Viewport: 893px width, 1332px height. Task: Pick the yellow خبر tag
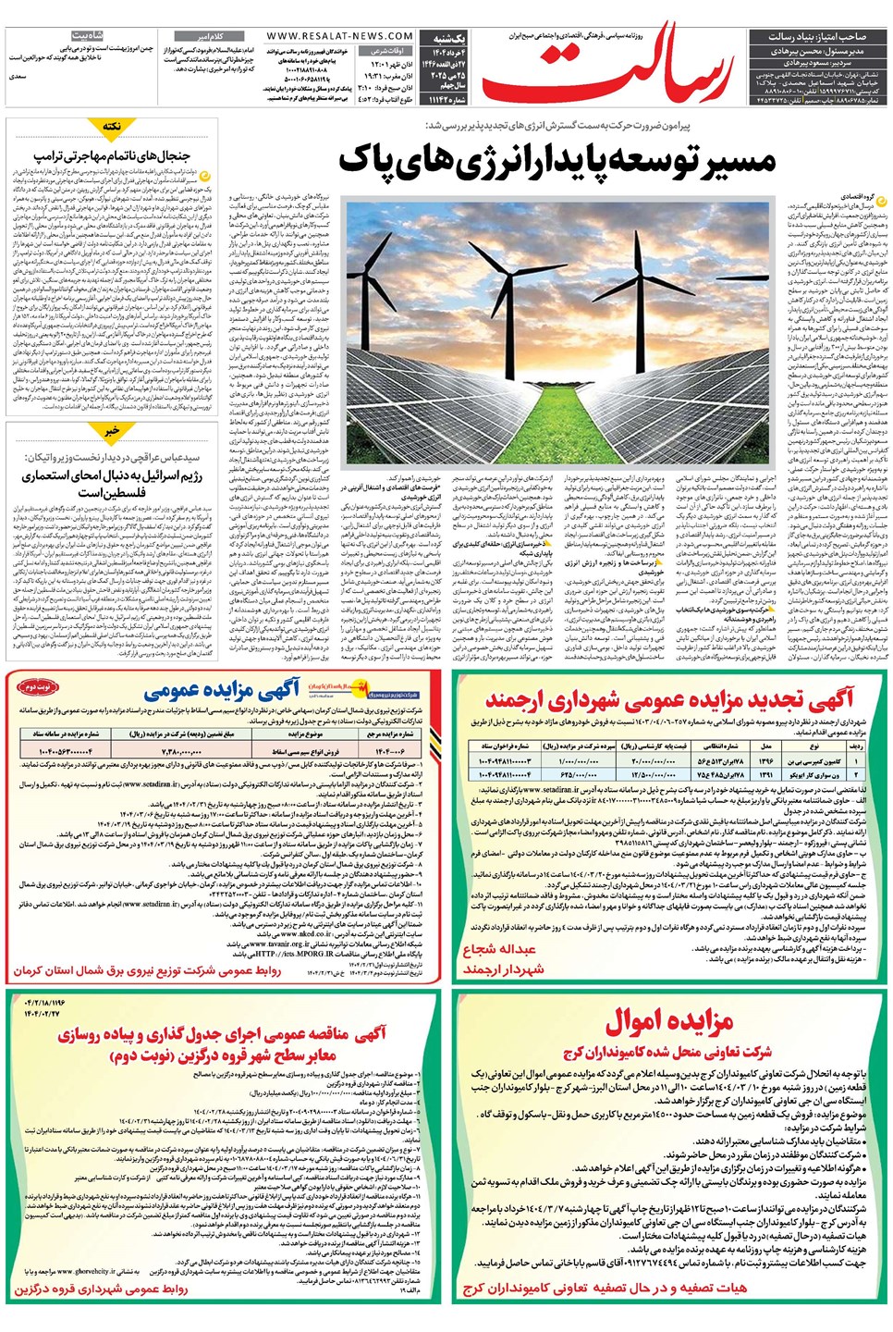tap(112, 431)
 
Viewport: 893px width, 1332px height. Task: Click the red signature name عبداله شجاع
tap(499, 950)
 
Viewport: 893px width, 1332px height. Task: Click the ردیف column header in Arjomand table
tap(855, 746)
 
